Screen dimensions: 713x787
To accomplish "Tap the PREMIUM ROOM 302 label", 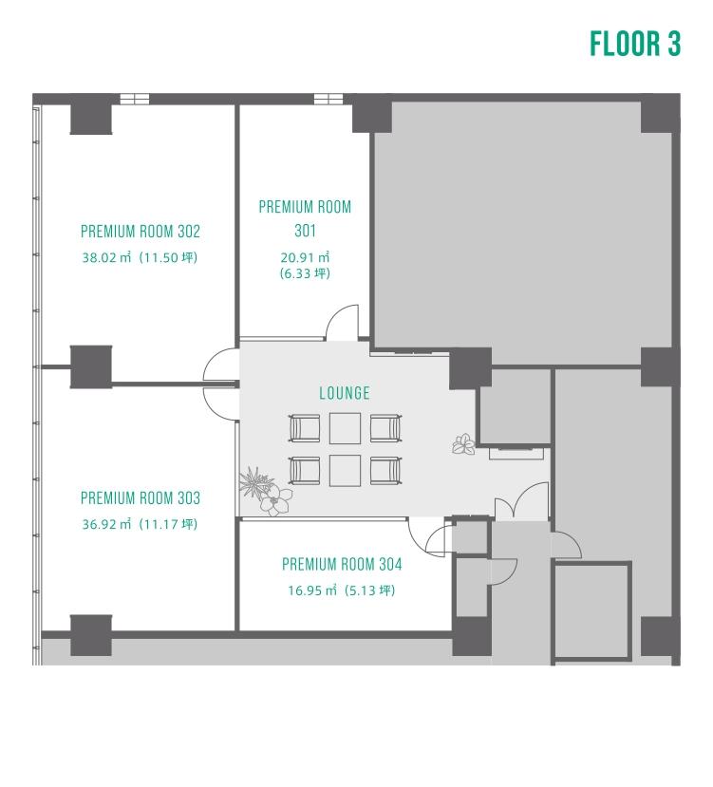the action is coord(141,232).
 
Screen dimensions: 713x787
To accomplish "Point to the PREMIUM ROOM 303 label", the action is coord(141,497).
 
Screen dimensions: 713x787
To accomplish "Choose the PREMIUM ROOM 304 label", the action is coord(342,564).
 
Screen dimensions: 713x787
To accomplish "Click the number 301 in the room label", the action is coord(305,231).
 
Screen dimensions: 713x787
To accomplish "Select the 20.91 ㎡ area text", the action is coord(305,257).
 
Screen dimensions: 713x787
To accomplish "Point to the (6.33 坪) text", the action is coord(305,273).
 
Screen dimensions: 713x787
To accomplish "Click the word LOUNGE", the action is coord(345,393).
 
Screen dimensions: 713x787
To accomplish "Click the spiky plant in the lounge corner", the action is coord(255,482).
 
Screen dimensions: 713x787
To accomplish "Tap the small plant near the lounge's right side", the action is coord(463,444).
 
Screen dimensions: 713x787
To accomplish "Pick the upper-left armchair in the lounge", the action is coord(304,428).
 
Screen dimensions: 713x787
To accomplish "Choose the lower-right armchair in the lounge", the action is coord(385,470).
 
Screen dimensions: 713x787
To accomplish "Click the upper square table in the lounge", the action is coord(345,428).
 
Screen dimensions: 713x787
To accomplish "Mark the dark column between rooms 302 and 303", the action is coord(91,366).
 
